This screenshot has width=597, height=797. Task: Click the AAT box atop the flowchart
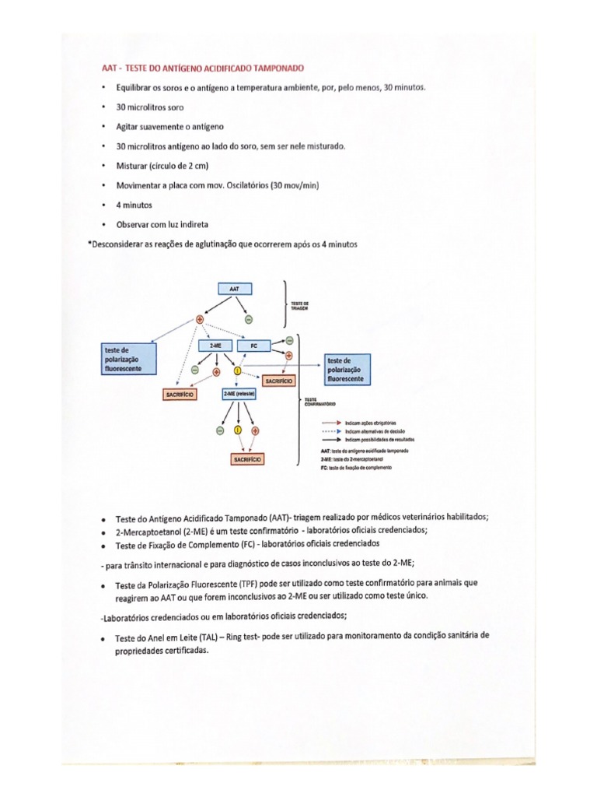pyautogui.click(x=234, y=288)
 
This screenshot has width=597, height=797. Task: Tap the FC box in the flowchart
pyautogui.click(x=253, y=345)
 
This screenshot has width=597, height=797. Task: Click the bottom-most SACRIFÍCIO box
pyautogui.click(x=247, y=460)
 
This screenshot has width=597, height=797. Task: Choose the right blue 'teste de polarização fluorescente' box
pyautogui.click(x=347, y=369)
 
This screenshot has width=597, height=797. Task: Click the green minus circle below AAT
pyautogui.click(x=249, y=319)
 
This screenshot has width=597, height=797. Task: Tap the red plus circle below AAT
pyautogui.click(x=200, y=319)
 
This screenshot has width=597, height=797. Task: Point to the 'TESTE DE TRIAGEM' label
pyautogui.click(x=300, y=305)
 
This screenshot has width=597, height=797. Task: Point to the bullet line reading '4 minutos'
pyautogui.click(x=134, y=205)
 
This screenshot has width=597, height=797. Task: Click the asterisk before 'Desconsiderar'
pyautogui.click(x=90, y=244)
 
